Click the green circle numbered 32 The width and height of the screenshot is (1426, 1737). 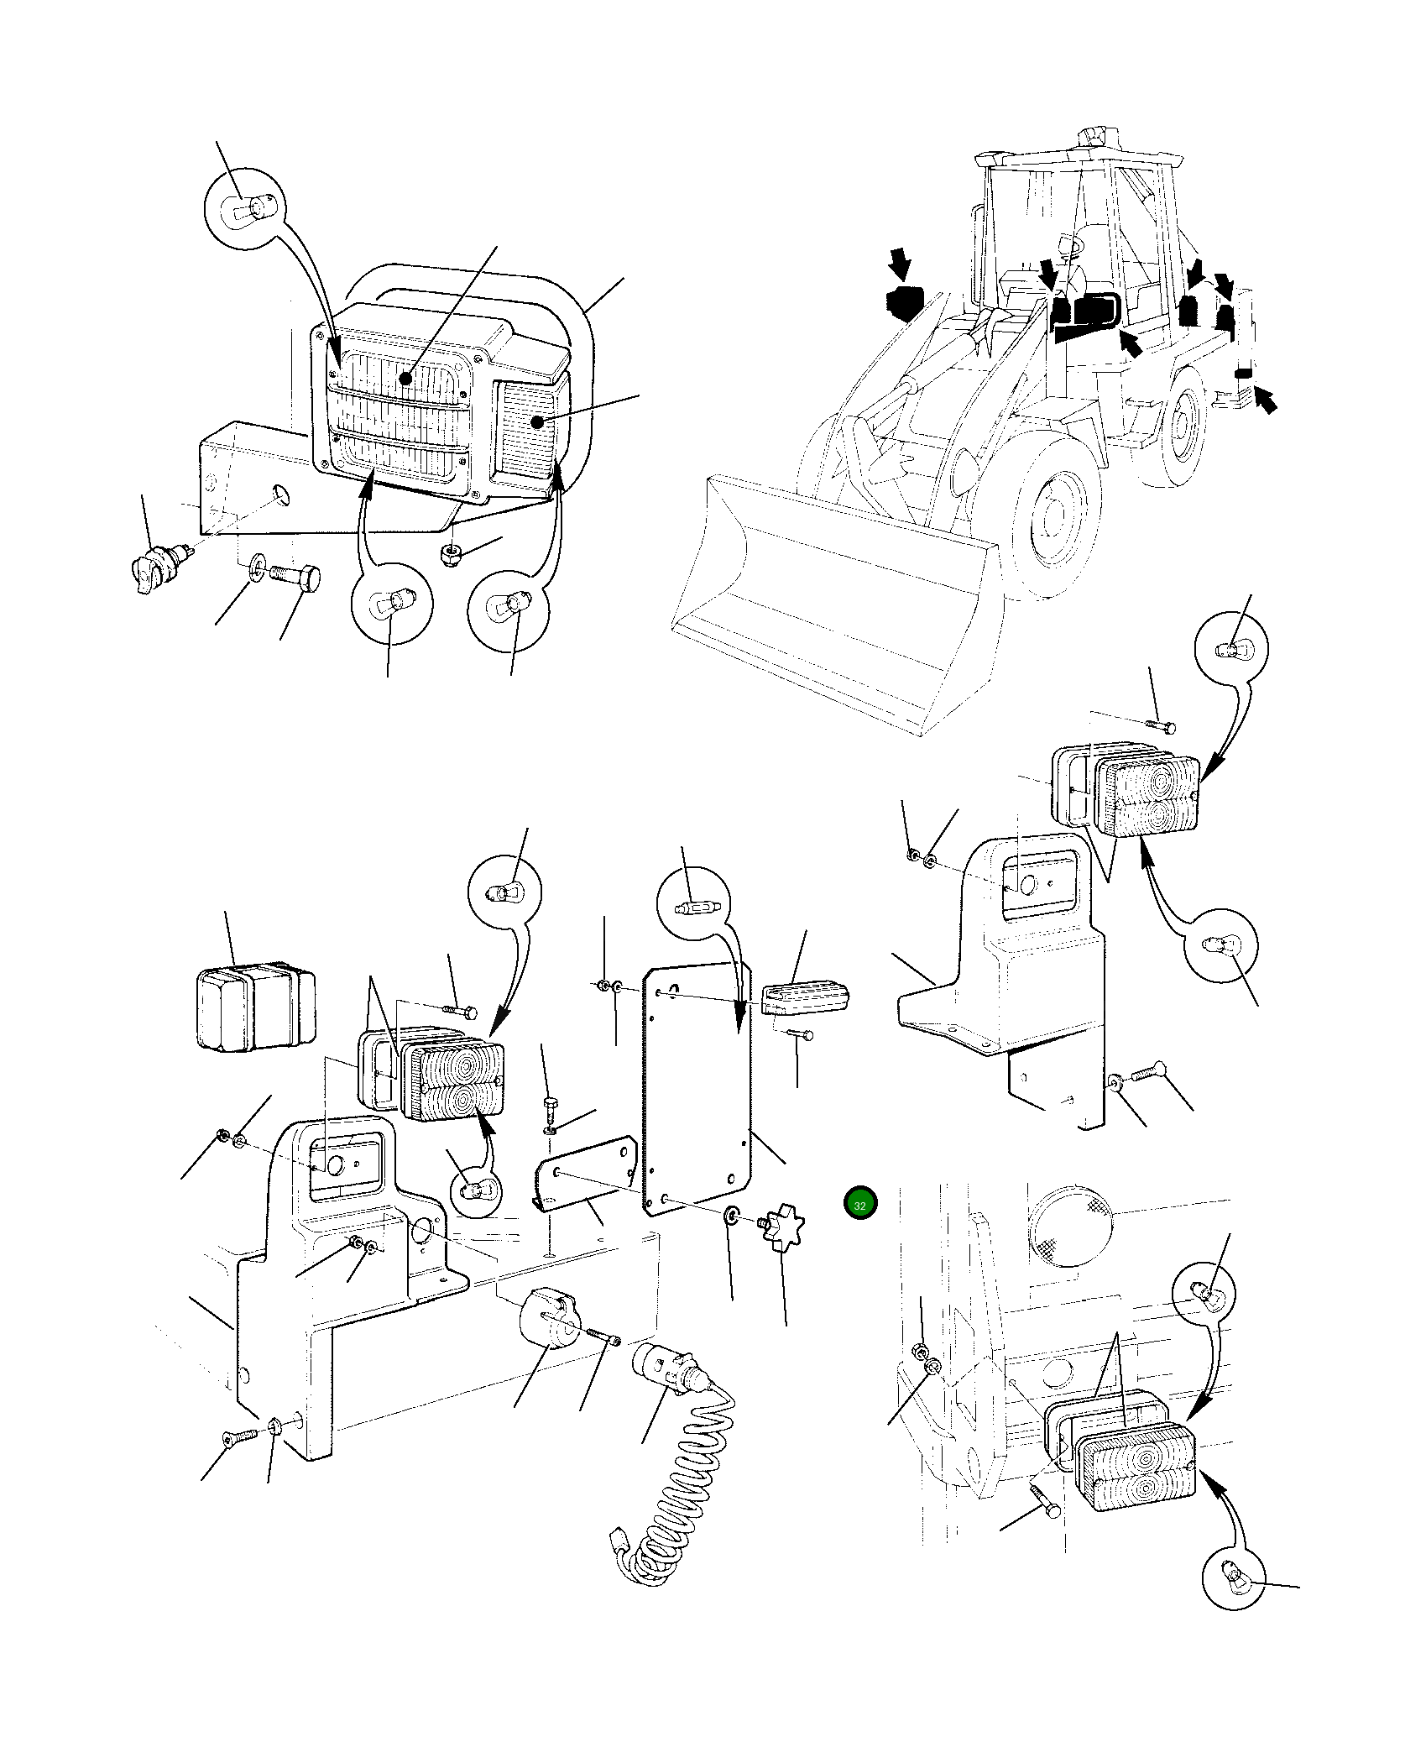click(x=859, y=1202)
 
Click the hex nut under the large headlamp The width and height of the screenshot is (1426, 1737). click(x=452, y=553)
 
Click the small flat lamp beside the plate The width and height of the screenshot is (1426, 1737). click(x=806, y=1002)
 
